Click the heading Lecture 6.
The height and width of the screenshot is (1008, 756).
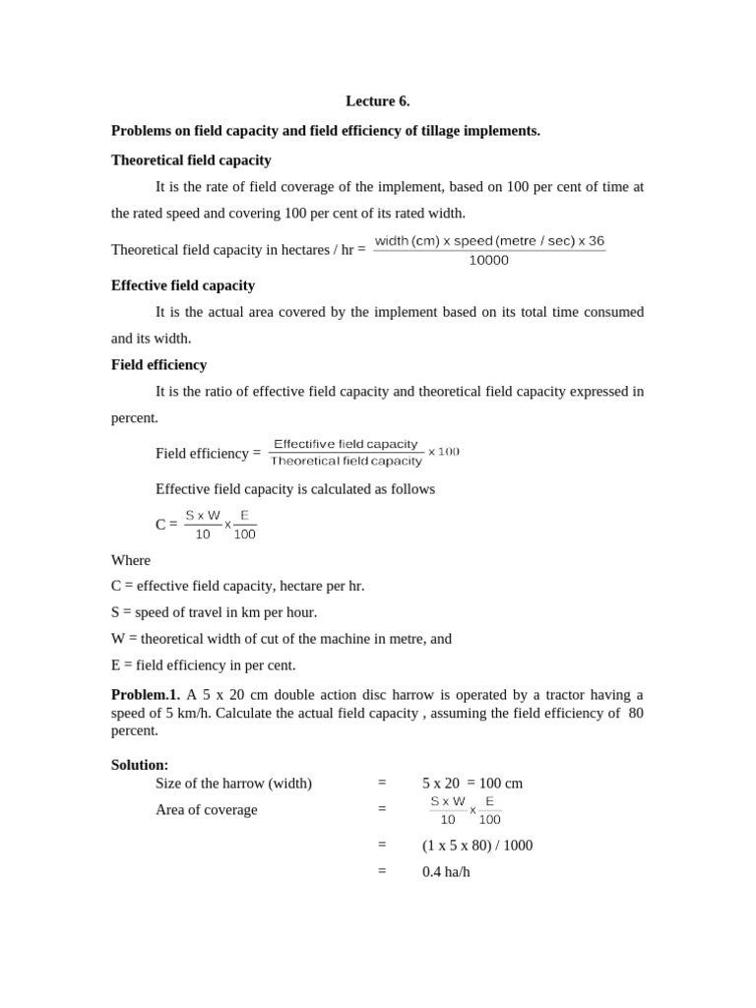coord(377,101)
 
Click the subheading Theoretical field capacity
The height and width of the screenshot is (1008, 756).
coord(191,159)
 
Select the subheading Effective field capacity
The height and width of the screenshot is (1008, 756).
coord(183,285)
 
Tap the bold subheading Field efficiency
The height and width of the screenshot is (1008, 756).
coord(158,364)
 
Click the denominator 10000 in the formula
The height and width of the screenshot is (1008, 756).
coord(489,261)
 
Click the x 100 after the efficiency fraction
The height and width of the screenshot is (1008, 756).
coord(443,452)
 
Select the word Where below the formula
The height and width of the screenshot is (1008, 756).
coord(131,560)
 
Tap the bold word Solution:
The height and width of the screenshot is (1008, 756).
coord(140,765)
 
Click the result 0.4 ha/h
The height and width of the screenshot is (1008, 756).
coord(446,871)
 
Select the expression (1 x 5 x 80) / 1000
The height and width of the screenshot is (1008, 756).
coord(477,845)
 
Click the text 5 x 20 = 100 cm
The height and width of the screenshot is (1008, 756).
coord(472,784)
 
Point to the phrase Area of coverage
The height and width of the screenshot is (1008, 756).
coord(207,809)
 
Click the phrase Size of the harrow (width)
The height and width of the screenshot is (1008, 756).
coord(233,784)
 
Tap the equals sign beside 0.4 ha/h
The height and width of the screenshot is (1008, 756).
coord(382,871)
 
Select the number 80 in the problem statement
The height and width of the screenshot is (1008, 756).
coord(635,714)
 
